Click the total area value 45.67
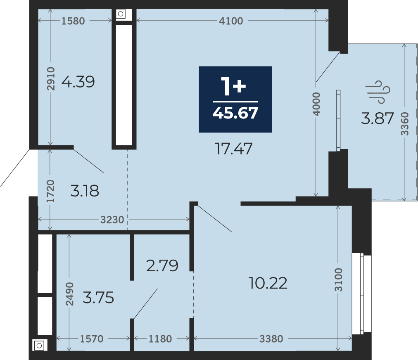click(x=235, y=113)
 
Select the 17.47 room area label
click(x=233, y=149)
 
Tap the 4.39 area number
click(x=78, y=82)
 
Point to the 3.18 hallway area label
click(x=85, y=191)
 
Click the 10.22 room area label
click(x=268, y=283)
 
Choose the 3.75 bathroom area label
click(x=98, y=297)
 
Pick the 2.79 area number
click(x=162, y=266)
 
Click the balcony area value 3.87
click(x=378, y=118)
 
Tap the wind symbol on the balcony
click(x=378, y=92)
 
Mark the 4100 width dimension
click(x=231, y=21)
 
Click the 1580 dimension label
click(x=73, y=21)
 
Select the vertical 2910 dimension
click(x=51, y=78)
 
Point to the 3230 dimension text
click(x=112, y=220)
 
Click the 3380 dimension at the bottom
click(x=271, y=339)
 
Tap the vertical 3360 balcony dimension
click(x=405, y=124)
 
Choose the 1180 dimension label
click(x=160, y=339)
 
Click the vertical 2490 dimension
click(x=69, y=294)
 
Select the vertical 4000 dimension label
click(x=316, y=104)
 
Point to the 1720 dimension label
click(x=50, y=191)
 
